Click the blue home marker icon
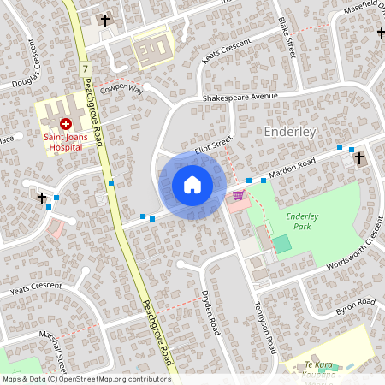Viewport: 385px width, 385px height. coord(192,185)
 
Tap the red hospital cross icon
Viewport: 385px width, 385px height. coord(65,124)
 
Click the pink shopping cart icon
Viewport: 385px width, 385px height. coord(237,195)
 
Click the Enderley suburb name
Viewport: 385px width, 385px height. coord(291,133)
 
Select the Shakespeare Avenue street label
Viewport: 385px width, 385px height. coord(240,98)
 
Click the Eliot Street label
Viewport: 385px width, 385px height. coord(213,147)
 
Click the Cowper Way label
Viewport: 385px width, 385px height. coord(121,89)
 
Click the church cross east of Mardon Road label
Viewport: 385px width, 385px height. coord(359,157)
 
